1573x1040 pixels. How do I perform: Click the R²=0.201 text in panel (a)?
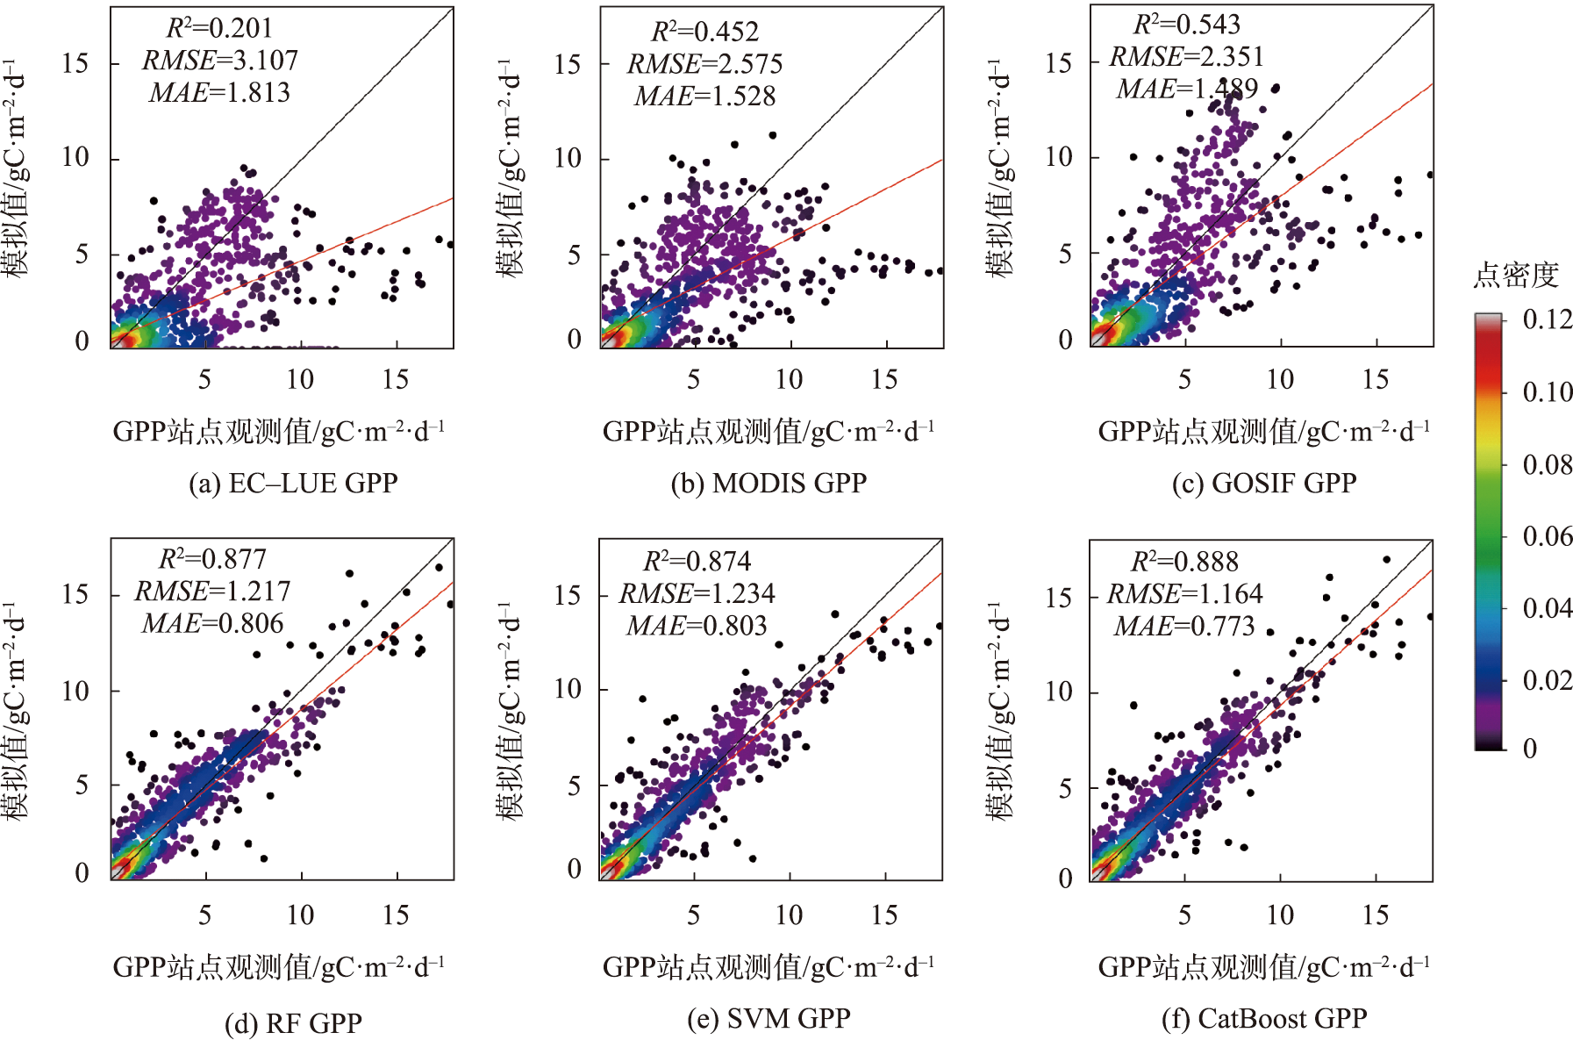pos(219,28)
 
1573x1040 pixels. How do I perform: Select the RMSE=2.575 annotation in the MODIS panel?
pos(704,64)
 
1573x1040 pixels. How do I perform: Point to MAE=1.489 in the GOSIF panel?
pos(1187,89)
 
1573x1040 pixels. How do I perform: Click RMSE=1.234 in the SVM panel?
pos(697,594)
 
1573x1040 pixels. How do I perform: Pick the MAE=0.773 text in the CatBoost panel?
pos(1184,627)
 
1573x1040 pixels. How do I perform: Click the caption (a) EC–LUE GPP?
pos(293,484)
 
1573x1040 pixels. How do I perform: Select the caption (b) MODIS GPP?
pos(769,484)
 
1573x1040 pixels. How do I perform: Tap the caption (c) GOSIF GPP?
pos(1263,484)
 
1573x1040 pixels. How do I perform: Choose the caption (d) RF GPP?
pos(293,1023)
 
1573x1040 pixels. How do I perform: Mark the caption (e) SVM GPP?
pos(769,1019)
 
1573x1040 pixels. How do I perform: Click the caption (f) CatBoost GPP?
pos(1263,1019)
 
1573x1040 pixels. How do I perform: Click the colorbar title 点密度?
pos(1515,276)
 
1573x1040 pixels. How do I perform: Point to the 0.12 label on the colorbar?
pos(1548,319)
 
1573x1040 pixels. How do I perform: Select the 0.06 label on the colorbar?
pos(1548,536)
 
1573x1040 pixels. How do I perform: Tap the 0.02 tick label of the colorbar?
pos(1548,680)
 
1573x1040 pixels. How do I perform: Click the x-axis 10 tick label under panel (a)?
pos(300,379)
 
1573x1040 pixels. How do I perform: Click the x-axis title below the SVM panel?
pos(769,967)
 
